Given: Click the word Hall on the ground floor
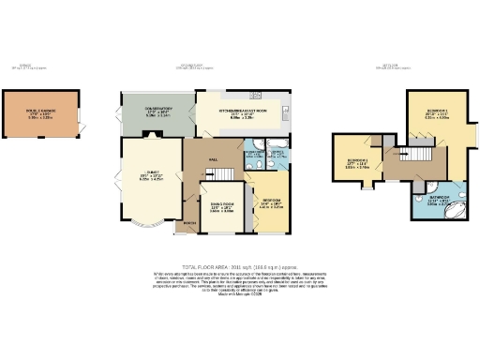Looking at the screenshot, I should (x=212, y=159).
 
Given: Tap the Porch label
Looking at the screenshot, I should (x=190, y=222).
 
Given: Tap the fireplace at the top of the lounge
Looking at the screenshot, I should (x=156, y=136).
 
